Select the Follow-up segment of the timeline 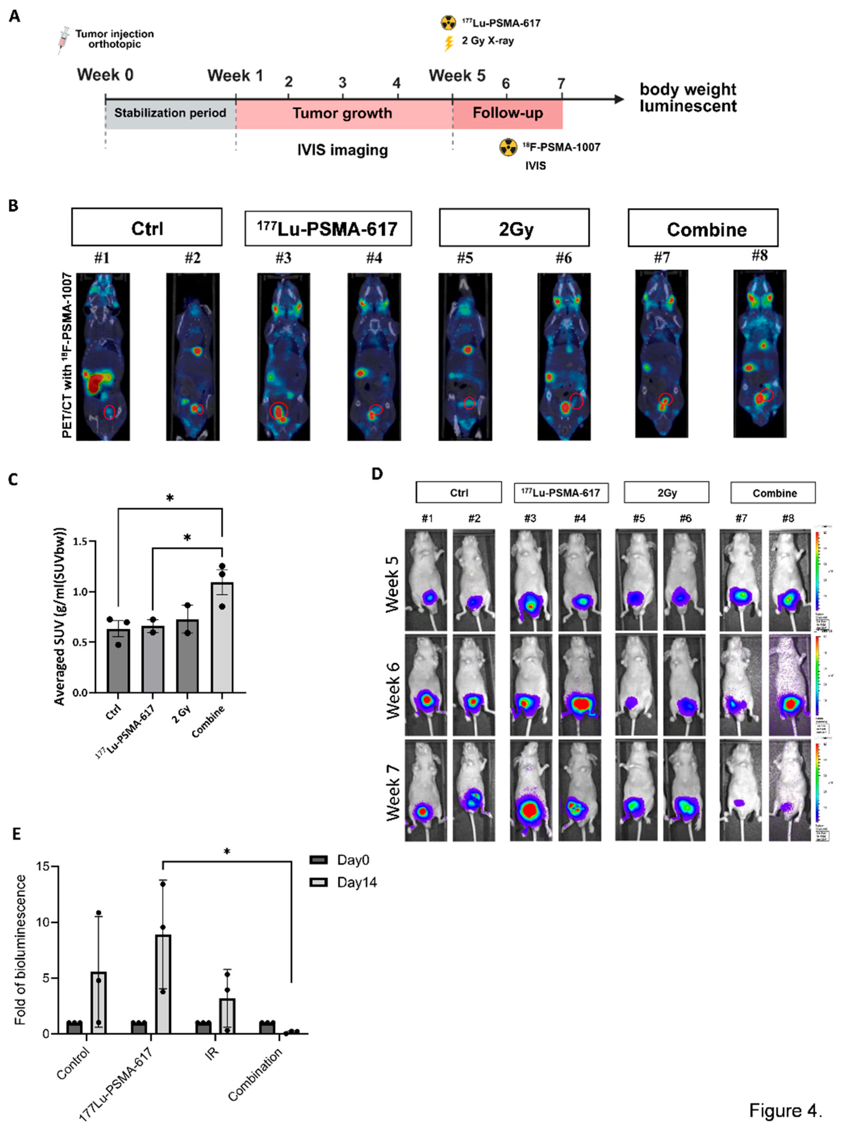coord(508,113)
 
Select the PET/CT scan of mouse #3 coord(283,356)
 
